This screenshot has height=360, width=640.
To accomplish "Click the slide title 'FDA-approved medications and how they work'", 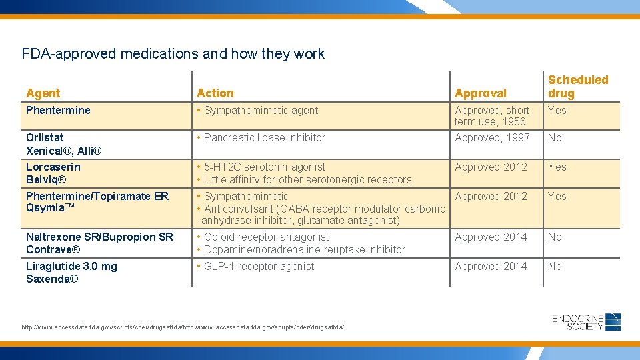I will click(x=173, y=53).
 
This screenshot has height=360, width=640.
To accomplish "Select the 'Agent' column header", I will click(x=43, y=93).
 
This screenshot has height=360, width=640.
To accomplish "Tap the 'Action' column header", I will click(x=215, y=93).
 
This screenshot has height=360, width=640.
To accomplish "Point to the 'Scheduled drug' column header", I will click(x=577, y=87).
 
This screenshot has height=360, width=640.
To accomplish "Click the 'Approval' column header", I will click(x=480, y=93).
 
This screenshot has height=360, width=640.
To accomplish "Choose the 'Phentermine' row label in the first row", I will click(x=58, y=110).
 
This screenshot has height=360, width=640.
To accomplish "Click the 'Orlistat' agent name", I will click(x=45, y=137).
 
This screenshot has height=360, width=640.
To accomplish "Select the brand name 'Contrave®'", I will click(x=53, y=249).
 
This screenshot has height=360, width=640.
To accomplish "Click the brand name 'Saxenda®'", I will click(x=52, y=279).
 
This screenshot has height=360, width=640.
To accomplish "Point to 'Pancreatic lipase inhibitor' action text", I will click(x=265, y=137).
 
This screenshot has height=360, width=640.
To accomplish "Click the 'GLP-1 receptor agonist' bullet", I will click(x=259, y=266).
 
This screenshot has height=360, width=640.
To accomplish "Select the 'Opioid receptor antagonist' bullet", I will click(x=266, y=237).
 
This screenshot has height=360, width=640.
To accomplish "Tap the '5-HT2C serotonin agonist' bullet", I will click(x=265, y=167).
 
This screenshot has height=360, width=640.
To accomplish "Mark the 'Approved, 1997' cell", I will click(x=492, y=137).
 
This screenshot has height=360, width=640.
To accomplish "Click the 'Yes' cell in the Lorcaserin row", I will click(x=557, y=167).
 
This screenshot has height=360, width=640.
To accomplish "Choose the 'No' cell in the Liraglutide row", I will click(x=555, y=266).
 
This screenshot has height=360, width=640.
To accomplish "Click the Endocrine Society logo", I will click(x=587, y=322).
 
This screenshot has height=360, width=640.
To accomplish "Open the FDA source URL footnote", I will click(x=183, y=327).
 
